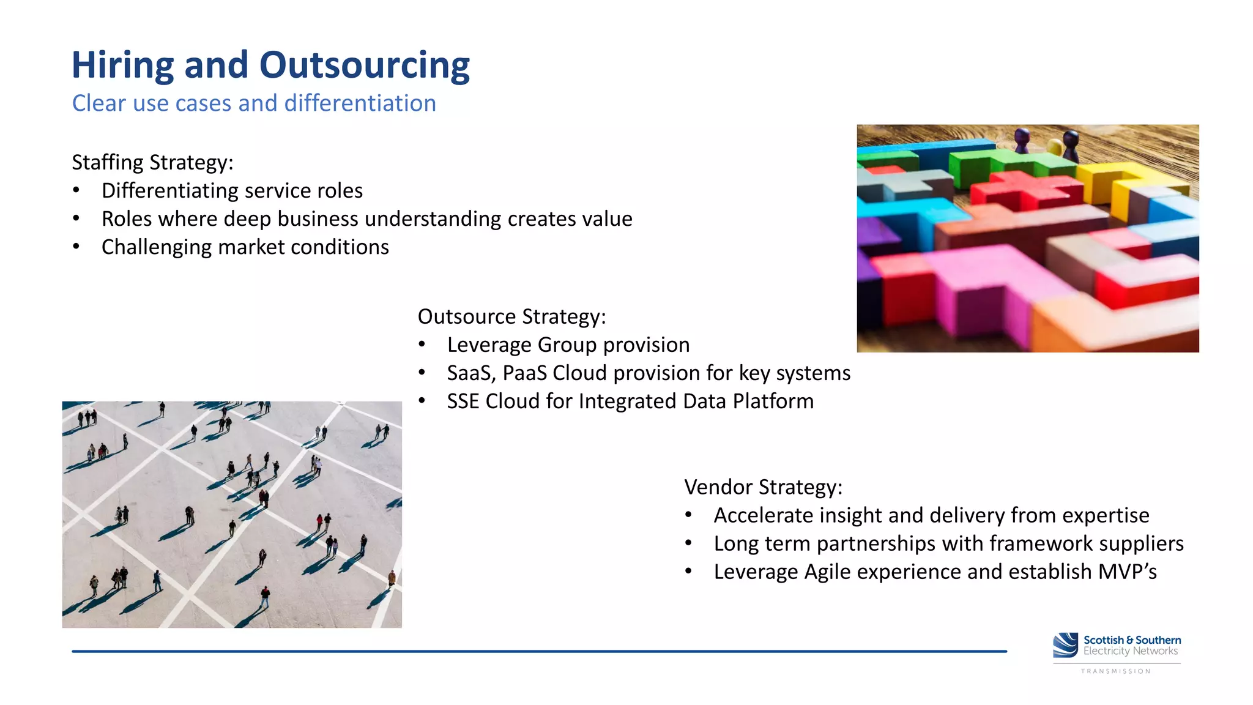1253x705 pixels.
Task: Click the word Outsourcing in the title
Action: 364,65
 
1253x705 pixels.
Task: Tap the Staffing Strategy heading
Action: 152,163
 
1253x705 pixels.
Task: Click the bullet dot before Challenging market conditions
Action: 76,247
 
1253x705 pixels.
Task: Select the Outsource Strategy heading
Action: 511,317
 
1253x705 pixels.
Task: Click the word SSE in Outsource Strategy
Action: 463,401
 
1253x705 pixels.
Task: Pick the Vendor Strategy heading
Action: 763,487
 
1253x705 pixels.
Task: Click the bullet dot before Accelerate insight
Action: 688,515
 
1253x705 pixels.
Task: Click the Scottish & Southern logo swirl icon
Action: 1065,645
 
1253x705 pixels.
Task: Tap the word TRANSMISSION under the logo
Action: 1115,671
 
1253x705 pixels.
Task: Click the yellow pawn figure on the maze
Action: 1054,147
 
